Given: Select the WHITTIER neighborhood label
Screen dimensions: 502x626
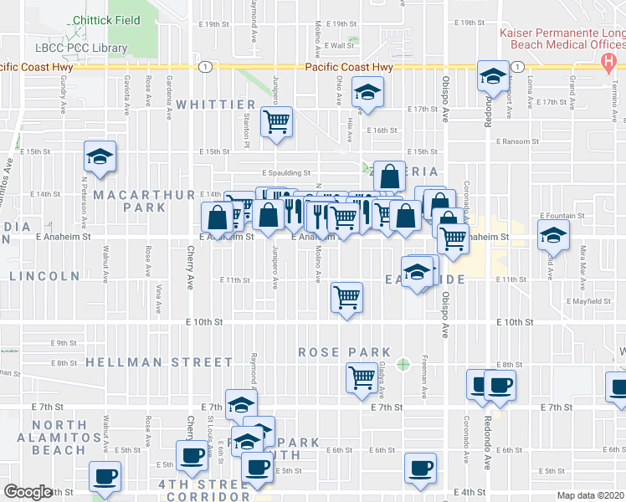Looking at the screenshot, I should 215,104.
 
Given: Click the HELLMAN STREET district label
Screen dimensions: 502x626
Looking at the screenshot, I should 159,362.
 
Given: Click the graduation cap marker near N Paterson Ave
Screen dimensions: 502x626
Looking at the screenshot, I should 100,156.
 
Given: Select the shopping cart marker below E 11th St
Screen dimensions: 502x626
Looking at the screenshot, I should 346,296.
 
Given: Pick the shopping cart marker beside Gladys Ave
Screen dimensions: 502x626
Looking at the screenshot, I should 362,377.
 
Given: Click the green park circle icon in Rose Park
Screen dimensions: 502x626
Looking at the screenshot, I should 404,364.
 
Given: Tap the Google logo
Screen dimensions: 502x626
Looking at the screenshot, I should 27,492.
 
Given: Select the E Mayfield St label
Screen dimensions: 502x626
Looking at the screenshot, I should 588,300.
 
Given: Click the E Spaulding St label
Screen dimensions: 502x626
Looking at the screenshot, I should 264,173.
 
